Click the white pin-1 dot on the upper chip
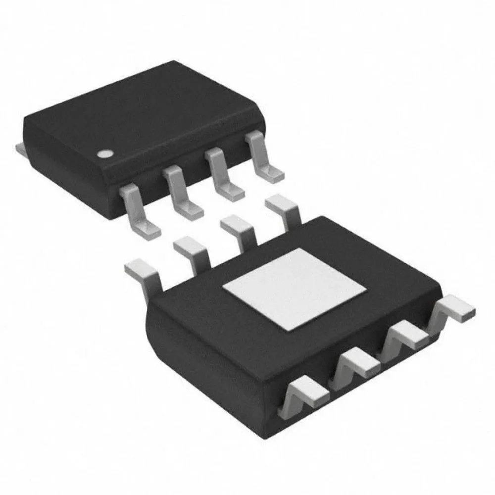pos(104,154)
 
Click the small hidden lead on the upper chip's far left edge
pos(20,147)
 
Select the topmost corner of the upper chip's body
pos(173,62)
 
